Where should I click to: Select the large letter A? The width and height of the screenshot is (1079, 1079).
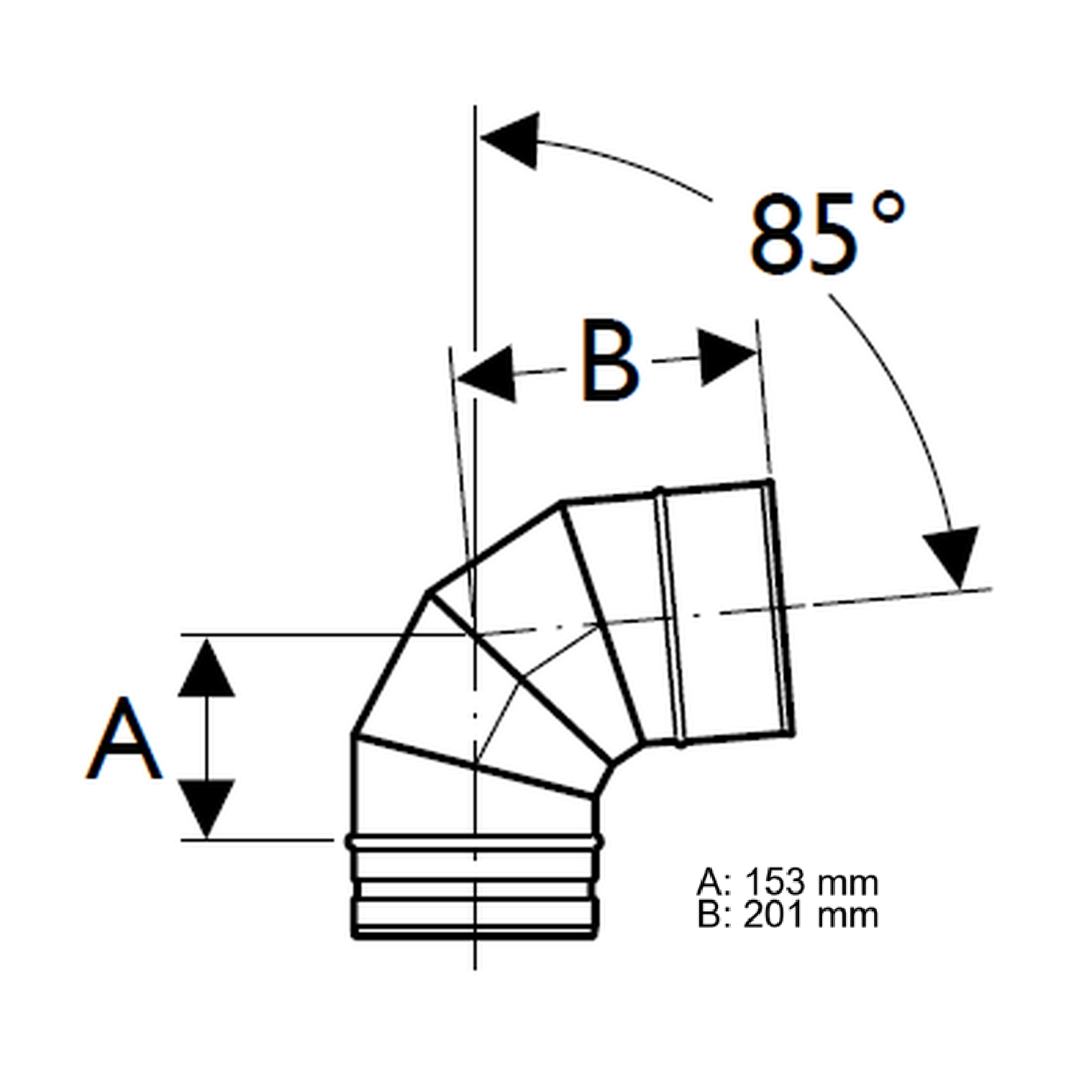[x=124, y=738]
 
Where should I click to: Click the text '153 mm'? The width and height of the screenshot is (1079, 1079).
[x=811, y=882]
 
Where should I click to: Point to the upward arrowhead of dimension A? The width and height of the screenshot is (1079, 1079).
[x=206, y=669]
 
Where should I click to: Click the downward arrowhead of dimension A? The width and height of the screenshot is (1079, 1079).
[x=206, y=807]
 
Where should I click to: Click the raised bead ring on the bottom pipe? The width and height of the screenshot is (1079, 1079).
[x=475, y=841]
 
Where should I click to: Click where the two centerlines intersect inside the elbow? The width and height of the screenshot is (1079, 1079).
[x=475, y=634]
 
